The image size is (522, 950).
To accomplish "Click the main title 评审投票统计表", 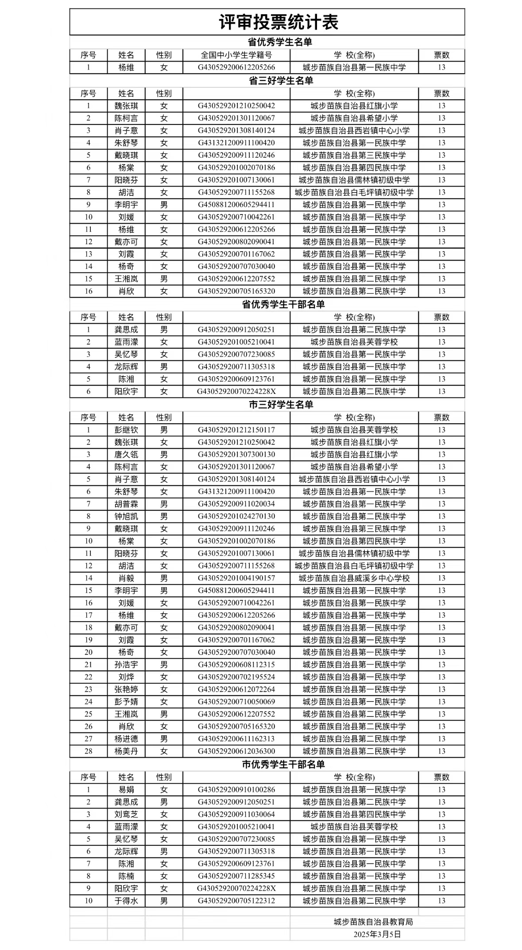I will [x=279, y=22].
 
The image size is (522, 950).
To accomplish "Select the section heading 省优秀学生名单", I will [x=279, y=42].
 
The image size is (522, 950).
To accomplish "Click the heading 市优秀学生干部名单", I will [x=283, y=764].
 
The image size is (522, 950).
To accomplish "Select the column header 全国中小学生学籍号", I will [x=236, y=55].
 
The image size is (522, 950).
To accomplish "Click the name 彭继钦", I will [x=126, y=430].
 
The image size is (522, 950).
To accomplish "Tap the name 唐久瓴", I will [x=126, y=455].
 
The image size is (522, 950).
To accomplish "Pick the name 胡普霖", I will [x=126, y=504].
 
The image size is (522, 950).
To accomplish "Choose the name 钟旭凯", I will [x=126, y=516].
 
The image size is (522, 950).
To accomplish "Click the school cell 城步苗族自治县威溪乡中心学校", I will [x=354, y=578].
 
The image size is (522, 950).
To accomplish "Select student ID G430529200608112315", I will [x=236, y=665].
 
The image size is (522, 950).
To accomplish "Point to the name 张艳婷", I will [x=126, y=689].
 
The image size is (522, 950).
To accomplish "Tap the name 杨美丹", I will [x=126, y=751].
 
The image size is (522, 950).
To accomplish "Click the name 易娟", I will [x=126, y=790].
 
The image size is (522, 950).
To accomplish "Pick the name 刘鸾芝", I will [x=126, y=814].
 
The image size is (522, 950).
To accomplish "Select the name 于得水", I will [x=126, y=901].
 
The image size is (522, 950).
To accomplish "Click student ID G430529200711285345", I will [x=236, y=876].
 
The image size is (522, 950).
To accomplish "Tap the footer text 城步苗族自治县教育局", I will [x=373, y=922].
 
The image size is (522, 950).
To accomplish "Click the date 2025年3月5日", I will [x=377, y=934].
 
